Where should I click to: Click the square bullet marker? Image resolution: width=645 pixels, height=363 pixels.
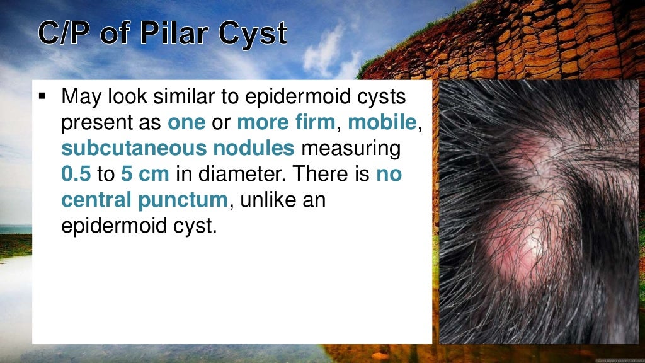point(43,98)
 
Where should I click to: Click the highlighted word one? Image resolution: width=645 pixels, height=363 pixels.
point(186,123)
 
